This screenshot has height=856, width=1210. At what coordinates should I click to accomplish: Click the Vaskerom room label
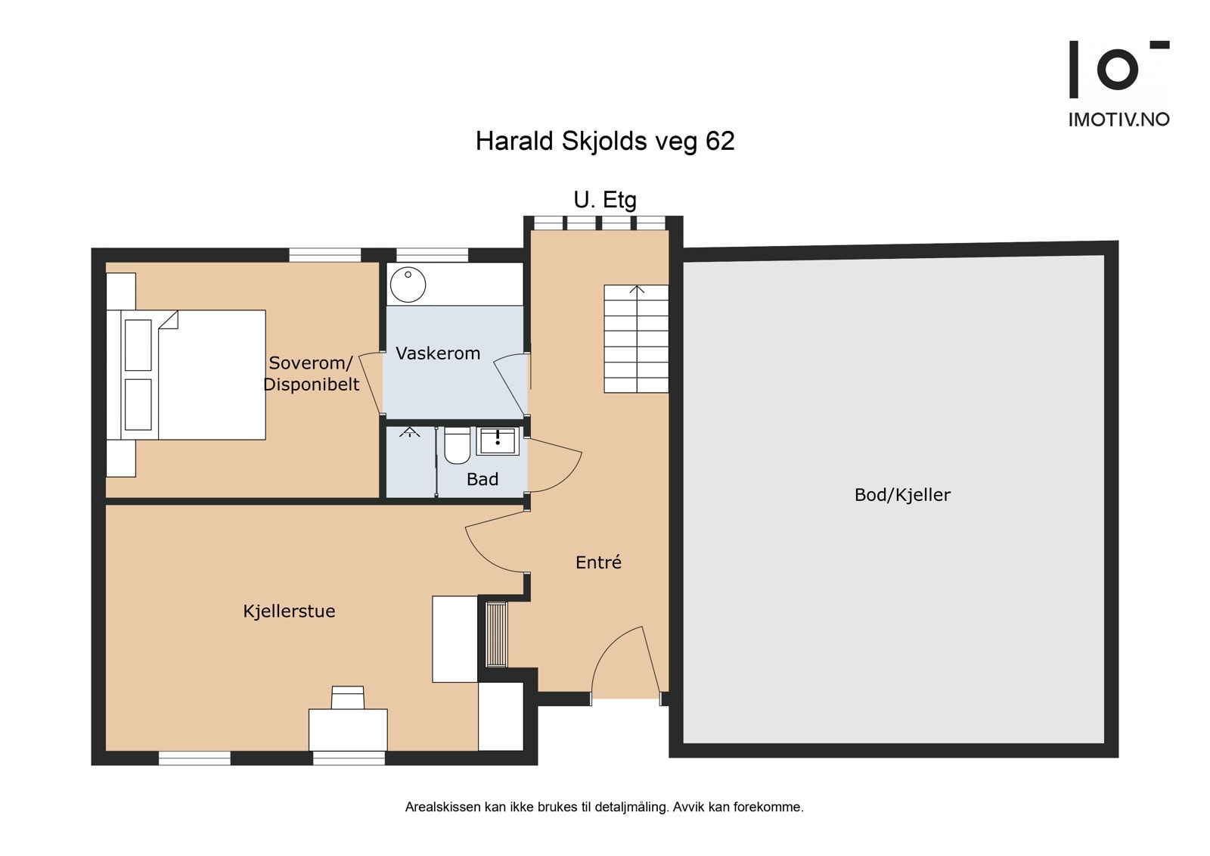tap(438, 353)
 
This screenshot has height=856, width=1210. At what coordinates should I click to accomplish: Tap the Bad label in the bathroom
tap(482, 479)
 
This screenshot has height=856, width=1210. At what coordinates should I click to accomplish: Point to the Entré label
tap(598, 562)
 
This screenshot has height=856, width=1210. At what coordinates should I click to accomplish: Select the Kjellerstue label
tap(289, 611)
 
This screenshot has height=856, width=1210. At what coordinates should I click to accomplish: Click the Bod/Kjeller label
tap(902, 495)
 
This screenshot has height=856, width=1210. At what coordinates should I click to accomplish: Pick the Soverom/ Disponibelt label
tap(311, 373)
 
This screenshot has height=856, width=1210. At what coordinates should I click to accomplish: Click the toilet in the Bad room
tap(457, 446)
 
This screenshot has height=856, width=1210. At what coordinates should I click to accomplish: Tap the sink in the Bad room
tap(497, 440)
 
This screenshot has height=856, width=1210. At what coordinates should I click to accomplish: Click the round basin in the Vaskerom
tap(408, 285)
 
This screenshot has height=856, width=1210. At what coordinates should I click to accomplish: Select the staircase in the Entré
tap(636, 338)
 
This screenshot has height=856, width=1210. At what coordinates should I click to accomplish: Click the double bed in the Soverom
tap(186, 375)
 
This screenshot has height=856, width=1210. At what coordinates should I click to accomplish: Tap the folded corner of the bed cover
tap(169, 319)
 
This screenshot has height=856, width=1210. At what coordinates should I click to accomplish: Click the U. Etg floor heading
tap(605, 200)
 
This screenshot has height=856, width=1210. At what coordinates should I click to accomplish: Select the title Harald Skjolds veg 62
tap(605, 142)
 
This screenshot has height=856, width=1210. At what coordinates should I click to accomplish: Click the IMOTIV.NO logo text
tap(1118, 120)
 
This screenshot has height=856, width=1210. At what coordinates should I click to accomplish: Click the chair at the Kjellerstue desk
tap(347, 698)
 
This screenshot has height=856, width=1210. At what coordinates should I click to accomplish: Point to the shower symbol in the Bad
tap(409, 431)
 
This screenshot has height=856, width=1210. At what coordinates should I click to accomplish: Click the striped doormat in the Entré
tap(496, 635)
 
